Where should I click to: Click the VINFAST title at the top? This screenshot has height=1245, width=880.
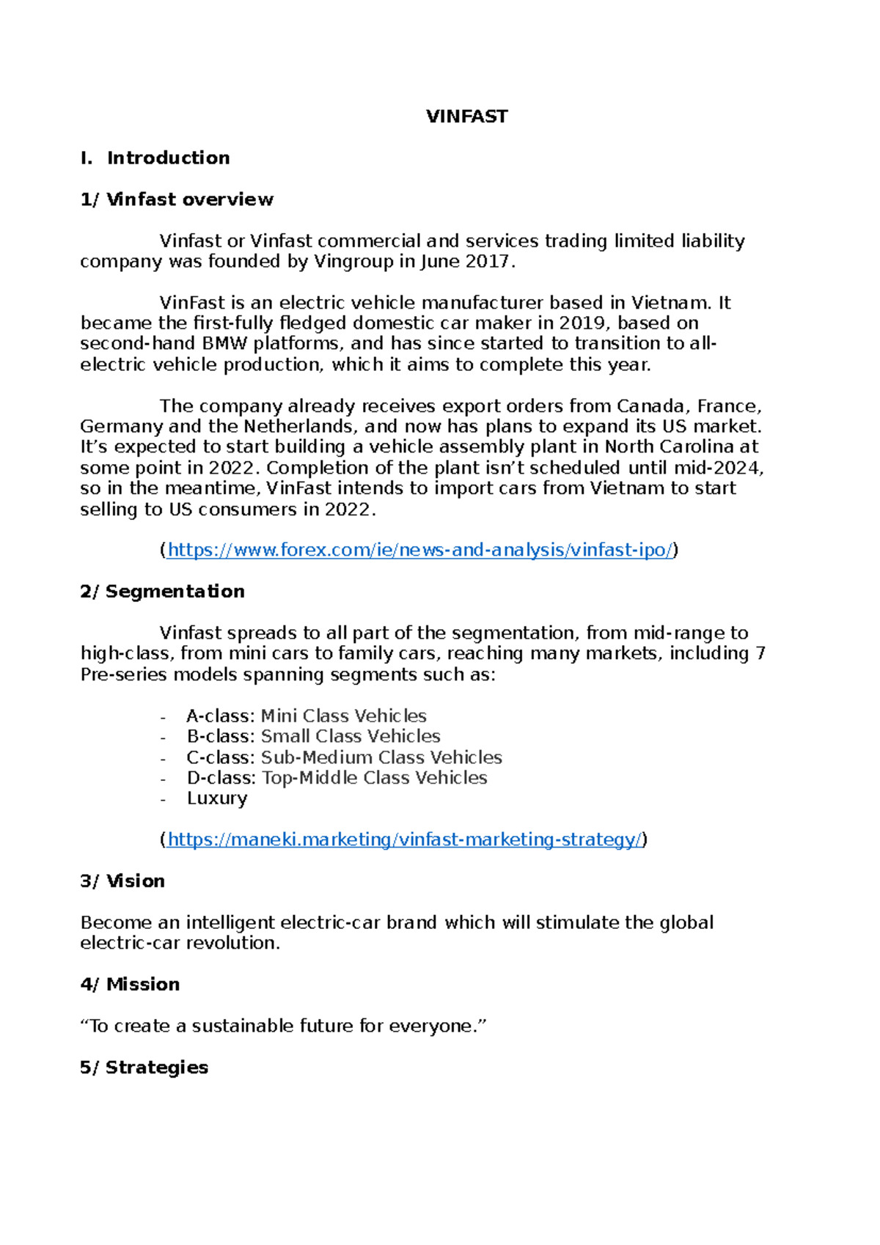[x=466, y=117]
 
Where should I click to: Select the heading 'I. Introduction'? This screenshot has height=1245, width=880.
[x=155, y=158]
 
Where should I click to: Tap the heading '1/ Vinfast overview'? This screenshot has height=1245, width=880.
[x=177, y=199]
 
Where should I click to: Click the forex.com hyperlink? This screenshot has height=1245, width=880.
[x=419, y=550]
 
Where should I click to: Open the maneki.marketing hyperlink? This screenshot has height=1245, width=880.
[x=403, y=840]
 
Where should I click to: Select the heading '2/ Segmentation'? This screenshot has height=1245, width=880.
[x=162, y=591]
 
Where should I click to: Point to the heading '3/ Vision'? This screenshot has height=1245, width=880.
[x=122, y=881]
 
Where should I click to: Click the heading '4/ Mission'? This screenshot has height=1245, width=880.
[x=130, y=984]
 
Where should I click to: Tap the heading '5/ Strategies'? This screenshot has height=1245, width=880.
[x=144, y=1067]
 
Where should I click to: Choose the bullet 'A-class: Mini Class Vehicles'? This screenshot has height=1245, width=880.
[x=306, y=716]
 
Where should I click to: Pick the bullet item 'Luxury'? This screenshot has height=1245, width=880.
[x=217, y=798]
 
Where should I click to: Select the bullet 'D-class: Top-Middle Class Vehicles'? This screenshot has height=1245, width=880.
[x=337, y=777]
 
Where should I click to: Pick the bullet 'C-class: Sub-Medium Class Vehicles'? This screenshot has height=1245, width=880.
[x=344, y=757]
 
